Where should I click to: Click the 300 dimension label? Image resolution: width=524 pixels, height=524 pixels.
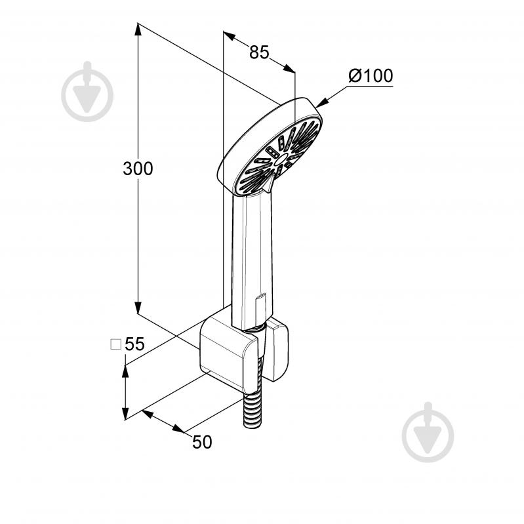point(138,169)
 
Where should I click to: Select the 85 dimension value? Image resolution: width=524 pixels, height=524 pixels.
point(259,52)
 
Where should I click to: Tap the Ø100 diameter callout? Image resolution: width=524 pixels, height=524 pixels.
point(371,75)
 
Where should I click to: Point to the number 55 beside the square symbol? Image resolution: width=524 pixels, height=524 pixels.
point(134,344)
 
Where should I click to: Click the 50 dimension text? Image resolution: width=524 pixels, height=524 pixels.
point(202,442)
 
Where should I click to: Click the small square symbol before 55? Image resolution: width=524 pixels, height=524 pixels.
point(115,344)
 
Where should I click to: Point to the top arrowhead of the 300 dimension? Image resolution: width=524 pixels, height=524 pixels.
point(138,29)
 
